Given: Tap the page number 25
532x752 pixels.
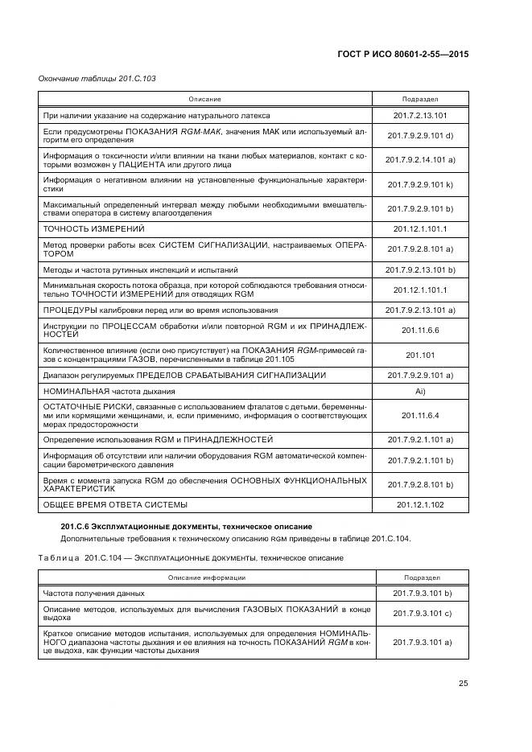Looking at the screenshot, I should click(x=464, y=684).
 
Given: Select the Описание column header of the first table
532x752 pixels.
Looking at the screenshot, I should click(x=204, y=99).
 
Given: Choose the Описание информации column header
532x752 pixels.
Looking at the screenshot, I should click(x=206, y=577).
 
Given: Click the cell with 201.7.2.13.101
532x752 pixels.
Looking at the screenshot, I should click(x=420, y=115).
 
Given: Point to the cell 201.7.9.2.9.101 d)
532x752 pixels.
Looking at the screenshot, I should click(x=420, y=135).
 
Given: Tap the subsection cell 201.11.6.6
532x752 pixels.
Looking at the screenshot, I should click(x=420, y=330).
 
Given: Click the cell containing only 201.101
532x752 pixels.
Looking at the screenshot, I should click(x=420, y=354).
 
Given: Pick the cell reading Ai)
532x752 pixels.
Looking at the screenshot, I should click(x=420, y=391).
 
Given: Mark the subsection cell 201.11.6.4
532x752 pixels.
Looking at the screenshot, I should click(x=420, y=415).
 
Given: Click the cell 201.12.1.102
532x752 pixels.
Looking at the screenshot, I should click(x=420, y=504).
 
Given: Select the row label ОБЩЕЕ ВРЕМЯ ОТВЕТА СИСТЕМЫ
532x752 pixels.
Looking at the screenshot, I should click(x=115, y=504).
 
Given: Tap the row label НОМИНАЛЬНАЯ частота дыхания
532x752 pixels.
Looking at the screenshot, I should click(x=109, y=391).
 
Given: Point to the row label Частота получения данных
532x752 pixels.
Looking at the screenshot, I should click(x=93, y=593).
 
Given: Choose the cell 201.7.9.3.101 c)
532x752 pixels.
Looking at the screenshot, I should click(x=420, y=613).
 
